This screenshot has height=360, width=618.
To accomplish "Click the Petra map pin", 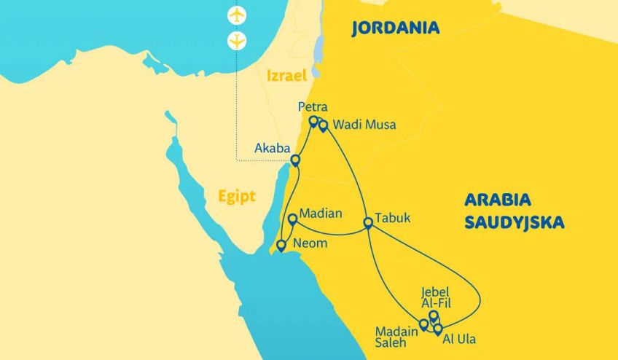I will coord(313,121).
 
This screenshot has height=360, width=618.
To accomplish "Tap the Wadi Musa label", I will coord(364,125).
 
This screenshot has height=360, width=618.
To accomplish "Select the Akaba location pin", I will coord(296,160).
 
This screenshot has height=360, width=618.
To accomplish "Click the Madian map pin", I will coord(292,218).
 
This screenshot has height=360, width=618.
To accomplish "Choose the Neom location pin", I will coord(281,245).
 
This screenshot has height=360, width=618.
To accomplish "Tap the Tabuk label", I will coord(393,218).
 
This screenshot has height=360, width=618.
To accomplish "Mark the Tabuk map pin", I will coord(368,223).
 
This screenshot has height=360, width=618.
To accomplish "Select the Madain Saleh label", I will coord(396,337).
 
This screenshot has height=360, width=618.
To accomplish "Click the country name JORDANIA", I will coord(395,28).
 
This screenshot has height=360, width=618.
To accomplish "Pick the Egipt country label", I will coord(237,196).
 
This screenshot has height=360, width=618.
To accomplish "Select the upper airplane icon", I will coord(237,15).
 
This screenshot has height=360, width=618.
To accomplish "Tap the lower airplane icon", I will coord(237,41).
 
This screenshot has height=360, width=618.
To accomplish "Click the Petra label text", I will coord(313,107).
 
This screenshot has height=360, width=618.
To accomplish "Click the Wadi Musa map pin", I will coord(323,125).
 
